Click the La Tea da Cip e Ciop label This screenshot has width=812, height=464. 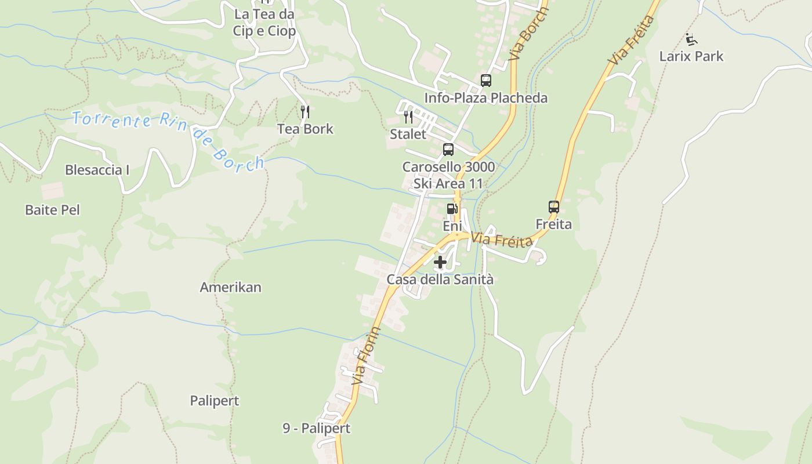coord(264,23)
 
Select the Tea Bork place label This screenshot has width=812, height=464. coord(305,129)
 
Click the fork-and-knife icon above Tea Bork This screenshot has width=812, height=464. coord(305,111)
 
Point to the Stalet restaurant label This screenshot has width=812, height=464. coord(408,135)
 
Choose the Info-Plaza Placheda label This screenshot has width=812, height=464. coord(485,98)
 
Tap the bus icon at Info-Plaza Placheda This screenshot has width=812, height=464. coord(486,81)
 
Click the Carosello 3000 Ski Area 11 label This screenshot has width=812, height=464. coord(448,175)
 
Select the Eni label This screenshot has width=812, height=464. coord(452,226)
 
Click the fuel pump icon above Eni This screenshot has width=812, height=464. coord(452,209)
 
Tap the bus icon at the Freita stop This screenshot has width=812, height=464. coord(554,207)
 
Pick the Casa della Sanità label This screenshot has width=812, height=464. coord(440,280)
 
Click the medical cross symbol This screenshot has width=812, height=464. coord(440,262)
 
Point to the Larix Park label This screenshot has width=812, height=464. coord(691,56)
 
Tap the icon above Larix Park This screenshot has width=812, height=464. coord(691,39)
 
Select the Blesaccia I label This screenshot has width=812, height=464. coord(97,170)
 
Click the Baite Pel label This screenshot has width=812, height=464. coord(52,210)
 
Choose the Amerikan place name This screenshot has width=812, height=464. coord(230,287)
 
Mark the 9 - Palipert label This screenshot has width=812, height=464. coord(317,429)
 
